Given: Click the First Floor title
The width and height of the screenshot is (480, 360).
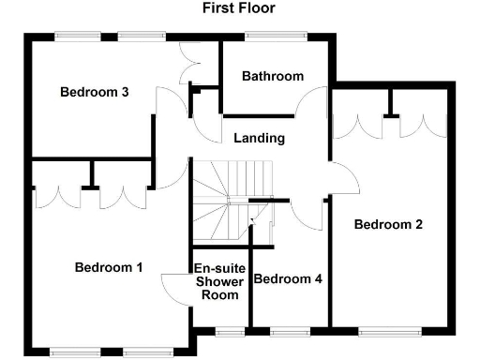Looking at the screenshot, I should point(239,8).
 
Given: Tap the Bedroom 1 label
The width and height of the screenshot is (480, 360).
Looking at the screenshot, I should point(108,267).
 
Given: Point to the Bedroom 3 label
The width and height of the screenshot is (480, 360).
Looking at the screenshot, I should point(94,92).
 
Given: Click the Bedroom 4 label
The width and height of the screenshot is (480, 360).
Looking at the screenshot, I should point(288,278).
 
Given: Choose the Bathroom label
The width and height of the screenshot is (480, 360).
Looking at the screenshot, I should point(272,76).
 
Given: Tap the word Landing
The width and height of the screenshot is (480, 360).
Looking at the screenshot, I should point(260,138).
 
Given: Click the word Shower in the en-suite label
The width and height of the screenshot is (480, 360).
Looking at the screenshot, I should point(218,281).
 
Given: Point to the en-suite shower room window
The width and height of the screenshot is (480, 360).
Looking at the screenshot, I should point(229,330).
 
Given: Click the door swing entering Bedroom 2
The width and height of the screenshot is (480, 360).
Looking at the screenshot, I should point(344,178).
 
